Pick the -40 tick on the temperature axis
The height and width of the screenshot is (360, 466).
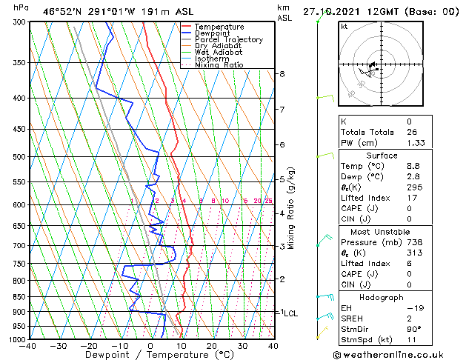pyautogui.click(x=29, y=346)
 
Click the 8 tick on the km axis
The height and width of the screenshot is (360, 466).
pyautogui.click(x=282, y=74)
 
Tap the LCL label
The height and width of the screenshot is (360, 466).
pyautogui.click(x=290, y=313)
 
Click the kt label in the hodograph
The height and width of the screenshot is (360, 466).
pyautogui.click(x=344, y=27)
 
